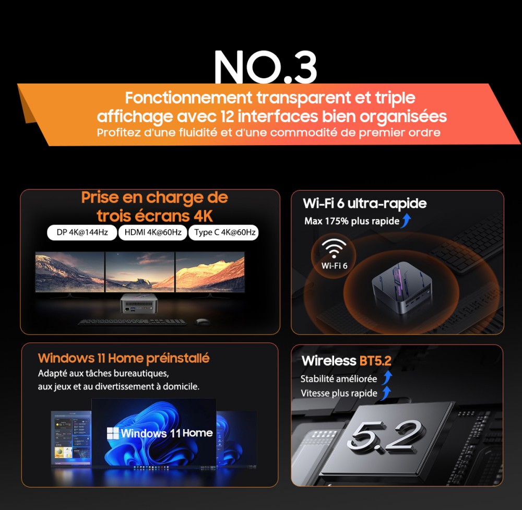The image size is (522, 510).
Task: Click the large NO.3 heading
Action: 265,67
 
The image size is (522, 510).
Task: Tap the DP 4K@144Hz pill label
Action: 82,232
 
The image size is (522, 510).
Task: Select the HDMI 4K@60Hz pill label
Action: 153,232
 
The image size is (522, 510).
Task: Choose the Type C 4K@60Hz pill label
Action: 224,232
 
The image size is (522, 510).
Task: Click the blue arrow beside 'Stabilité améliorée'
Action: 387,378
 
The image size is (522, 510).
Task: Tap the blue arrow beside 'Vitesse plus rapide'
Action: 386,393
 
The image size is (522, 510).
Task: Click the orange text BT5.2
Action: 375,361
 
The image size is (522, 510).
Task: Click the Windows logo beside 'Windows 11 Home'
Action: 113,433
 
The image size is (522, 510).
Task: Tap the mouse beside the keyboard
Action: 201,322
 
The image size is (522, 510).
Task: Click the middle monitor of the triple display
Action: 140,272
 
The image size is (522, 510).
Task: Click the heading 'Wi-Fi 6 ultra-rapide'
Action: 364,204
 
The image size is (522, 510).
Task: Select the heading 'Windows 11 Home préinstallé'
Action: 124,358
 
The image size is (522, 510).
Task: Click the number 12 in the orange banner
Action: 227,116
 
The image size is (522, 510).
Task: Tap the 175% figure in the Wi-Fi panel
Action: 337,221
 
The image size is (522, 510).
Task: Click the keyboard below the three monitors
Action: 132,322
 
